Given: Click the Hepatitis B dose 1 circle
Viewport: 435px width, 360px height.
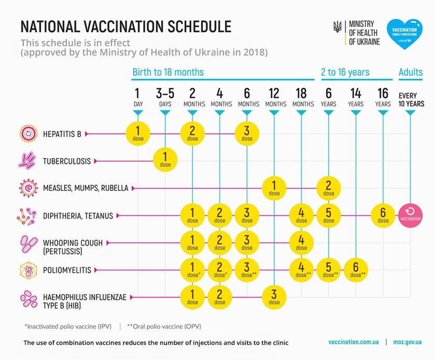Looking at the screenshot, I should (137, 133).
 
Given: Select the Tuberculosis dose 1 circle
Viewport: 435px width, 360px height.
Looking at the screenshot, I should (165, 161).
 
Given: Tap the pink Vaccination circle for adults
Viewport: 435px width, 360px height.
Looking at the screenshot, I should (410, 215).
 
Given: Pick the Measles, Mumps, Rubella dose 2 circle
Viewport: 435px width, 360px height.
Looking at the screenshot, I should (329, 188).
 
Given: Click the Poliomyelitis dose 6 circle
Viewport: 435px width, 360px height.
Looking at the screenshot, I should (356, 270).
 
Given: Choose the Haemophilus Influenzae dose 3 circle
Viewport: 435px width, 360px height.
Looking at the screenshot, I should (274, 297).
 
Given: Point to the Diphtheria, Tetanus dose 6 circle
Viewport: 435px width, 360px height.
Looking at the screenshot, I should (383, 215).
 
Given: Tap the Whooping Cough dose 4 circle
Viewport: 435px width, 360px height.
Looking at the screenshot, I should (301, 243).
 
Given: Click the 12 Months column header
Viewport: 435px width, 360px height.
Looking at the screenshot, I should (274, 97).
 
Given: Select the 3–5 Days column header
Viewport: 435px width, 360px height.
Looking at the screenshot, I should (165, 97).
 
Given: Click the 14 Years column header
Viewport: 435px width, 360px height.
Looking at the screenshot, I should (356, 97).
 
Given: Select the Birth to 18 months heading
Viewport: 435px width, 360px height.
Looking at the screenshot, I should (168, 72).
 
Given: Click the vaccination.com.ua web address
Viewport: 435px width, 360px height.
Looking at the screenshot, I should (353, 342).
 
